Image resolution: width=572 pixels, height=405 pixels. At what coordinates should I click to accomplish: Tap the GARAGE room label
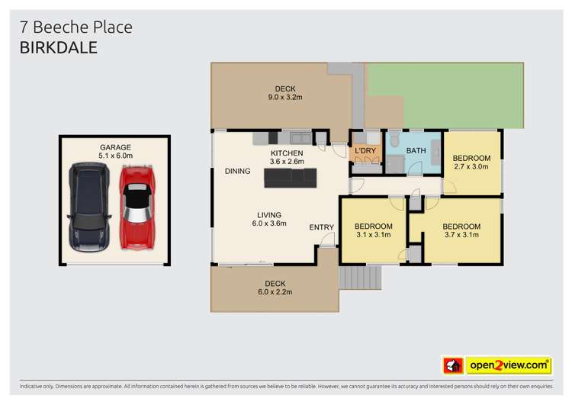(x=115, y=147)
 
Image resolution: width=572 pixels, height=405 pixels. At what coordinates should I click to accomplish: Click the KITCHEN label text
(x=287, y=153)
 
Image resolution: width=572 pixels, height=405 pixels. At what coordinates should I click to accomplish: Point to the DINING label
(x=237, y=171)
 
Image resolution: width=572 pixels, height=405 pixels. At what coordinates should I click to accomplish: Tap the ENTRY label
(x=320, y=227)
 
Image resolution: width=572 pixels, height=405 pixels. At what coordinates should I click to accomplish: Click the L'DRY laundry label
(x=365, y=151)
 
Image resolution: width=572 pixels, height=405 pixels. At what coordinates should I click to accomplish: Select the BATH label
(x=416, y=151)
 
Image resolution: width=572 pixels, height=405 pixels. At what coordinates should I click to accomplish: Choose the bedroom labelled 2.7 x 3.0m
(x=472, y=162)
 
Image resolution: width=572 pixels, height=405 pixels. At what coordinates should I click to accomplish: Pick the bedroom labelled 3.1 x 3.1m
(x=373, y=230)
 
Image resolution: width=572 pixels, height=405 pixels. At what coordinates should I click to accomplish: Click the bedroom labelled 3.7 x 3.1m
(x=461, y=230)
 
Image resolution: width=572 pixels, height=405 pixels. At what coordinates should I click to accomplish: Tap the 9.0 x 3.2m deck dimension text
(x=285, y=98)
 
